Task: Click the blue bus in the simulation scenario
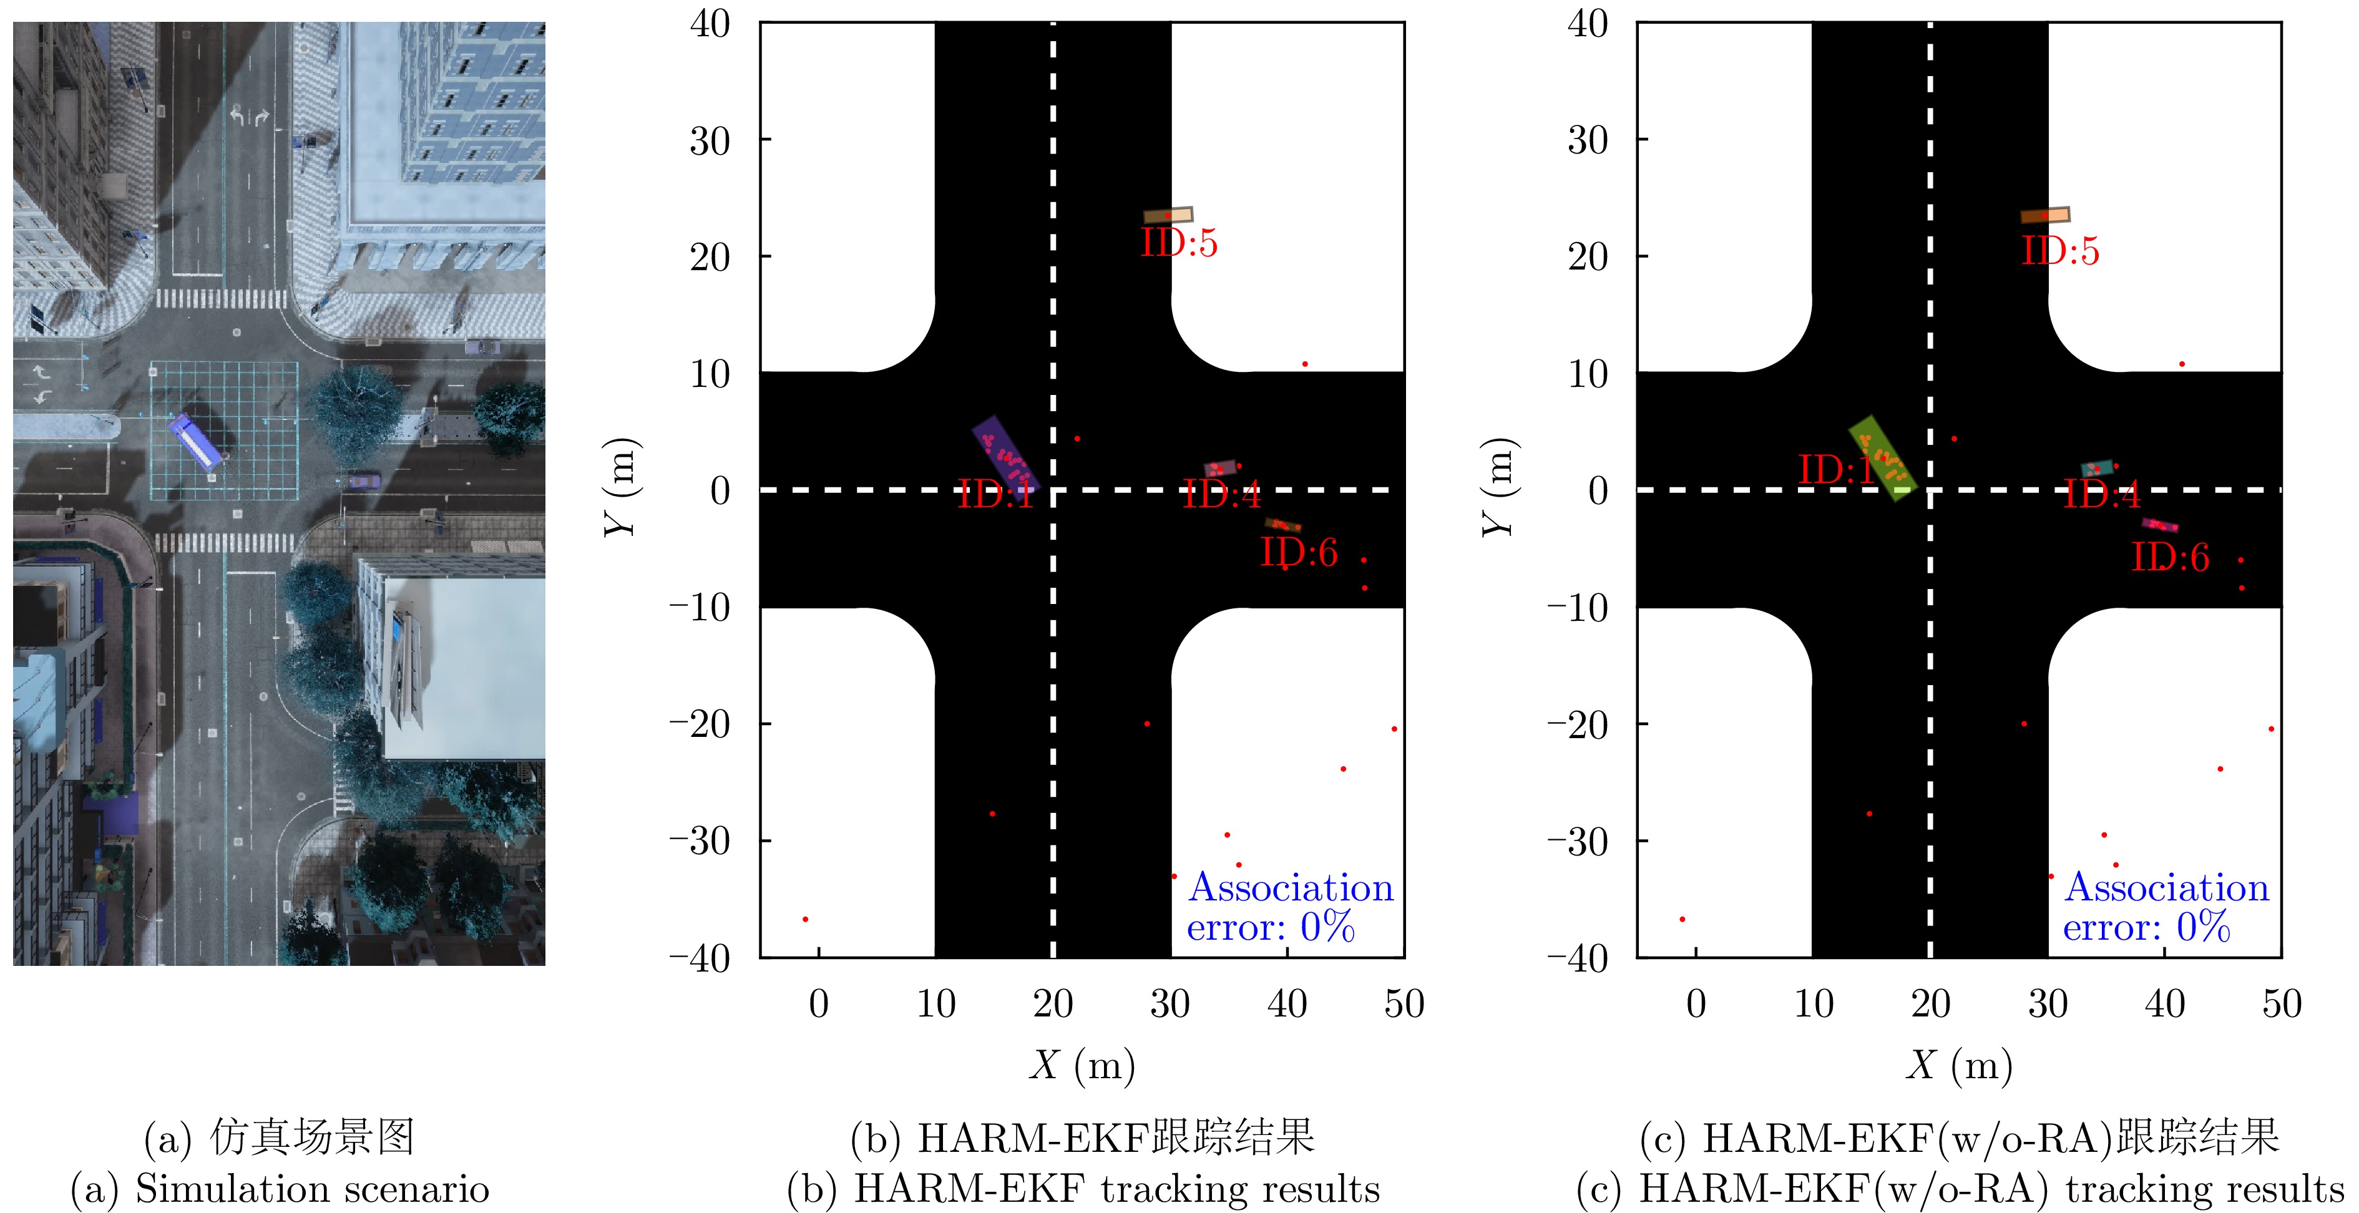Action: pyautogui.click(x=195, y=442)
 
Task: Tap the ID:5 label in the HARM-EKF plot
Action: pyautogui.click(x=1179, y=243)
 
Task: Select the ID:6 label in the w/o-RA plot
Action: pyautogui.click(x=2171, y=558)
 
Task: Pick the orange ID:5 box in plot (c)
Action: pyautogui.click(x=2045, y=215)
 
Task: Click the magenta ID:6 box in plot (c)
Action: pyautogui.click(x=2159, y=525)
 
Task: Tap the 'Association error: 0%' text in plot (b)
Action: pyautogui.click(x=1291, y=907)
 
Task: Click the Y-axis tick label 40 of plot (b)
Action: pyautogui.click(x=711, y=24)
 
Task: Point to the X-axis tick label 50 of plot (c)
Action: pyautogui.click(x=2281, y=1004)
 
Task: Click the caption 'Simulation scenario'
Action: pyautogui.click(x=312, y=1188)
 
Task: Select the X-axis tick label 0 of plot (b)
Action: pyautogui.click(x=819, y=1004)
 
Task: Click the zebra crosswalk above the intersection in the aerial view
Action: pyautogui.click(x=221, y=298)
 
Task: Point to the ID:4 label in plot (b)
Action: pyautogui.click(x=1222, y=495)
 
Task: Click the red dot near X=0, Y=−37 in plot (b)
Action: pyautogui.click(x=805, y=919)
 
